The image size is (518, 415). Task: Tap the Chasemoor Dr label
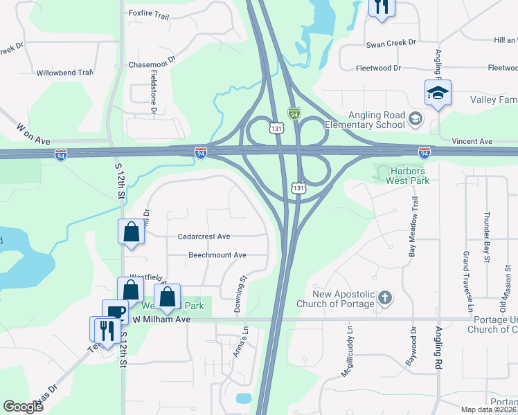click(152, 63)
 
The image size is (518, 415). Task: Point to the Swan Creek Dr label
click(391, 43)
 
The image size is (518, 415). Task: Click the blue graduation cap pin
click(438, 93)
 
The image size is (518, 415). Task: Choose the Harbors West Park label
click(409, 176)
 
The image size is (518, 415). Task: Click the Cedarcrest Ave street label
click(204, 237)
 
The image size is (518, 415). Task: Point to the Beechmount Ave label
click(217, 255)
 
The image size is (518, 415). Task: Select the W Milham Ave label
click(161, 320)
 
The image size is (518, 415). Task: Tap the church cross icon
click(385, 299)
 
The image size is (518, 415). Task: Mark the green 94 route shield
click(294, 112)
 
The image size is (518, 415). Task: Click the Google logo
click(23, 407)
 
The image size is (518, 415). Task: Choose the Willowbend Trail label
click(64, 73)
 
